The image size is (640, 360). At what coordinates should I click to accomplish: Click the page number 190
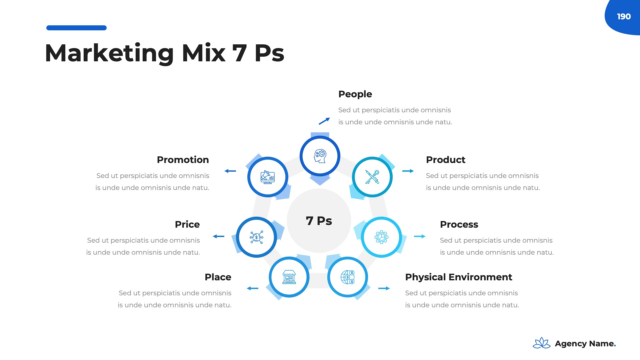click(x=624, y=17)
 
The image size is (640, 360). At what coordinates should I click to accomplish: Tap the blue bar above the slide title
click(x=76, y=28)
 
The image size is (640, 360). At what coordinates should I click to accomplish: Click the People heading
click(x=355, y=94)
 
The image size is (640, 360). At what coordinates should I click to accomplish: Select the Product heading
click(x=445, y=160)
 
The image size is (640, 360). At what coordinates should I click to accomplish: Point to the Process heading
click(x=459, y=225)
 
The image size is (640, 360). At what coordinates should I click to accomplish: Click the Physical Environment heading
click(x=458, y=277)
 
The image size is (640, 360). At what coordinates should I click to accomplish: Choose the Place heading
click(x=218, y=277)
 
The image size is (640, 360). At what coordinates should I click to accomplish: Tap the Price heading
click(x=187, y=225)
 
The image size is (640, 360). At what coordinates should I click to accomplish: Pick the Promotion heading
click(x=183, y=160)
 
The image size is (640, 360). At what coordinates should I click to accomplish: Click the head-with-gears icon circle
click(x=320, y=156)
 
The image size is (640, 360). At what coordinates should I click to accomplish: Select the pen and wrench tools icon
click(x=372, y=177)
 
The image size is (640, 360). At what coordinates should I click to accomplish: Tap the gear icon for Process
click(x=381, y=237)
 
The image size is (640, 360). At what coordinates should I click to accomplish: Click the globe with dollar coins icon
click(x=347, y=277)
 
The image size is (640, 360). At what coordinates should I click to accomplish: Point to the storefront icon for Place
click(x=289, y=277)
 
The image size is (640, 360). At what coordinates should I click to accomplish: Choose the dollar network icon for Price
click(x=256, y=237)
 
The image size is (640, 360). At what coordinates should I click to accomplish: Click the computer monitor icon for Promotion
click(x=267, y=177)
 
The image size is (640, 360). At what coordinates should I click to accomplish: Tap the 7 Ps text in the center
click(x=319, y=221)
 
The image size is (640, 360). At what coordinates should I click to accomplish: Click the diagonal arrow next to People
click(x=324, y=121)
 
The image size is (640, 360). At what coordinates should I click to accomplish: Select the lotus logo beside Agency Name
click(x=541, y=343)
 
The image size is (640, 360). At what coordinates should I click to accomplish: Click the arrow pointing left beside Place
click(x=253, y=288)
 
